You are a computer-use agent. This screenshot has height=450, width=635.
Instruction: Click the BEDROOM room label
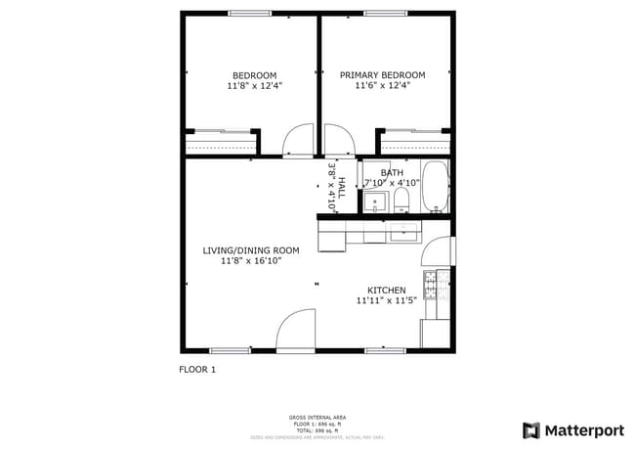coord(254,75)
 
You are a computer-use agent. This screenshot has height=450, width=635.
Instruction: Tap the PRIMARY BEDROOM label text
coord(382,75)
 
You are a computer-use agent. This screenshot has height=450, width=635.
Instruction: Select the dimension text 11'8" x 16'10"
coord(251,261)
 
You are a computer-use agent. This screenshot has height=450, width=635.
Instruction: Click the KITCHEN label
coord(386,291)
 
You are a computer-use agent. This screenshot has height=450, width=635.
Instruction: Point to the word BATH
coord(378,172)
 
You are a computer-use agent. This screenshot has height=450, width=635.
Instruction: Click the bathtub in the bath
coord(436,187)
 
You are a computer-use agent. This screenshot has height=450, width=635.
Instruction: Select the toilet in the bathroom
coord(402,202)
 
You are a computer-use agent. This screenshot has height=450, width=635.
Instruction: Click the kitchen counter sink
coord(402,232)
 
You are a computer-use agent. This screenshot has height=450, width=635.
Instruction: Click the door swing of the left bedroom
coord(297,143)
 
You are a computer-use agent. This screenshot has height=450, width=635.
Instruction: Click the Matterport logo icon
coord(531,429)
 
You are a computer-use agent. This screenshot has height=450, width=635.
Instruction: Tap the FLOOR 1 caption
coord(197,369)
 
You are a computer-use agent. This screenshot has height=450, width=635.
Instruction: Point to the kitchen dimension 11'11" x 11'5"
coord(386,301)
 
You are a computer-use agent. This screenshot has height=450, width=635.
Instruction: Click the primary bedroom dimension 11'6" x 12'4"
coord(382,86)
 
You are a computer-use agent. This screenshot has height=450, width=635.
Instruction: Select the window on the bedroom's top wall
coord(250,13)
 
